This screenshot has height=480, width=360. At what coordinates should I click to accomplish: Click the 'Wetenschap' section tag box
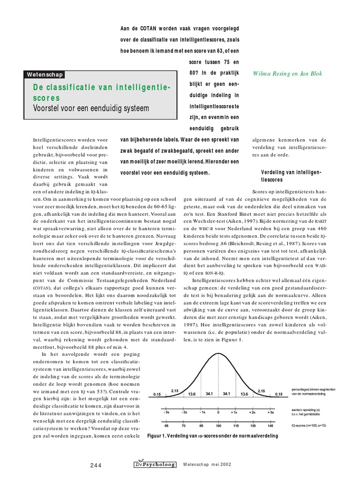point(45,75)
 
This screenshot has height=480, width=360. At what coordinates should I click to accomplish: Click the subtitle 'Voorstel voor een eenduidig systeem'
point(90,108)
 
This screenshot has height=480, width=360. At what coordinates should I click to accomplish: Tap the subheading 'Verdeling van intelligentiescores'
point(291,176)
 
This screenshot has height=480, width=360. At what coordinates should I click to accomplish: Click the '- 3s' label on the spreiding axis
point(166,412)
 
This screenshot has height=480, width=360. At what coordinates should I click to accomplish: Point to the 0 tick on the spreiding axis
point(218,412)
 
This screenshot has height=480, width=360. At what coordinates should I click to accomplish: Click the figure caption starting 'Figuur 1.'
point(212,436)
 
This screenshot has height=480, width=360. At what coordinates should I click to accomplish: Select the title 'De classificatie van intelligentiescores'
point(101,92)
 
